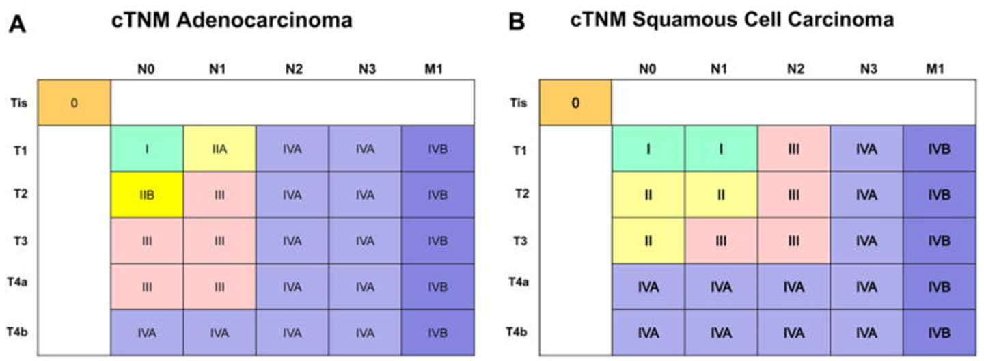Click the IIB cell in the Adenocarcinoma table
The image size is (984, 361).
(147, 195)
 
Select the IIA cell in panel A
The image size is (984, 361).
(219, 149)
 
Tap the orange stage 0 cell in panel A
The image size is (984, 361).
(74, 103)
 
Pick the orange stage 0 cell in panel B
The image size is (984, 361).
(575, 103)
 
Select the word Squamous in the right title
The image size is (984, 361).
(683, 21)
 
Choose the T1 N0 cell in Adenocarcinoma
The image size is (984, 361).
(147, 149)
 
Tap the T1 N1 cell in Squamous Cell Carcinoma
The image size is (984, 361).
(721, 149)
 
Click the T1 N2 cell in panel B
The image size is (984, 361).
(793, 149)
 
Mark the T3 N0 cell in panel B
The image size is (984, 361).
(648, 241)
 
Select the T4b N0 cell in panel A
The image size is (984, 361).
(147, 333)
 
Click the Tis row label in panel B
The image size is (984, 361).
(519, 103)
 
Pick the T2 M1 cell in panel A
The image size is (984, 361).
(437, 195)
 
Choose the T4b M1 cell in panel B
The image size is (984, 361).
(939, 333)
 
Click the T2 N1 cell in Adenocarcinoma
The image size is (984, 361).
(219, 195)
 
